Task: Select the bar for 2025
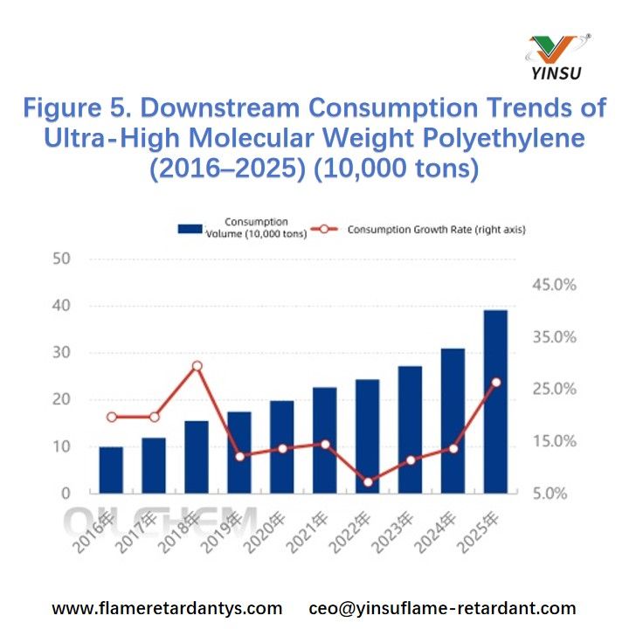[x=495, y=402]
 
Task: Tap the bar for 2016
[x=111, y=470]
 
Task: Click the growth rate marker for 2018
[x=197, y=366]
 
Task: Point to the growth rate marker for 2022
[x=368, y=481]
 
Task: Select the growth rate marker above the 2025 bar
[x=495, y=382]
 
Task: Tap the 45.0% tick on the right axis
[x=556, y=286]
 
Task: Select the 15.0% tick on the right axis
[x=556, y=441]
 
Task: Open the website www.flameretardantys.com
[x=167, y=608]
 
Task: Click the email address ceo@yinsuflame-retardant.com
[x=443, y=608]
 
